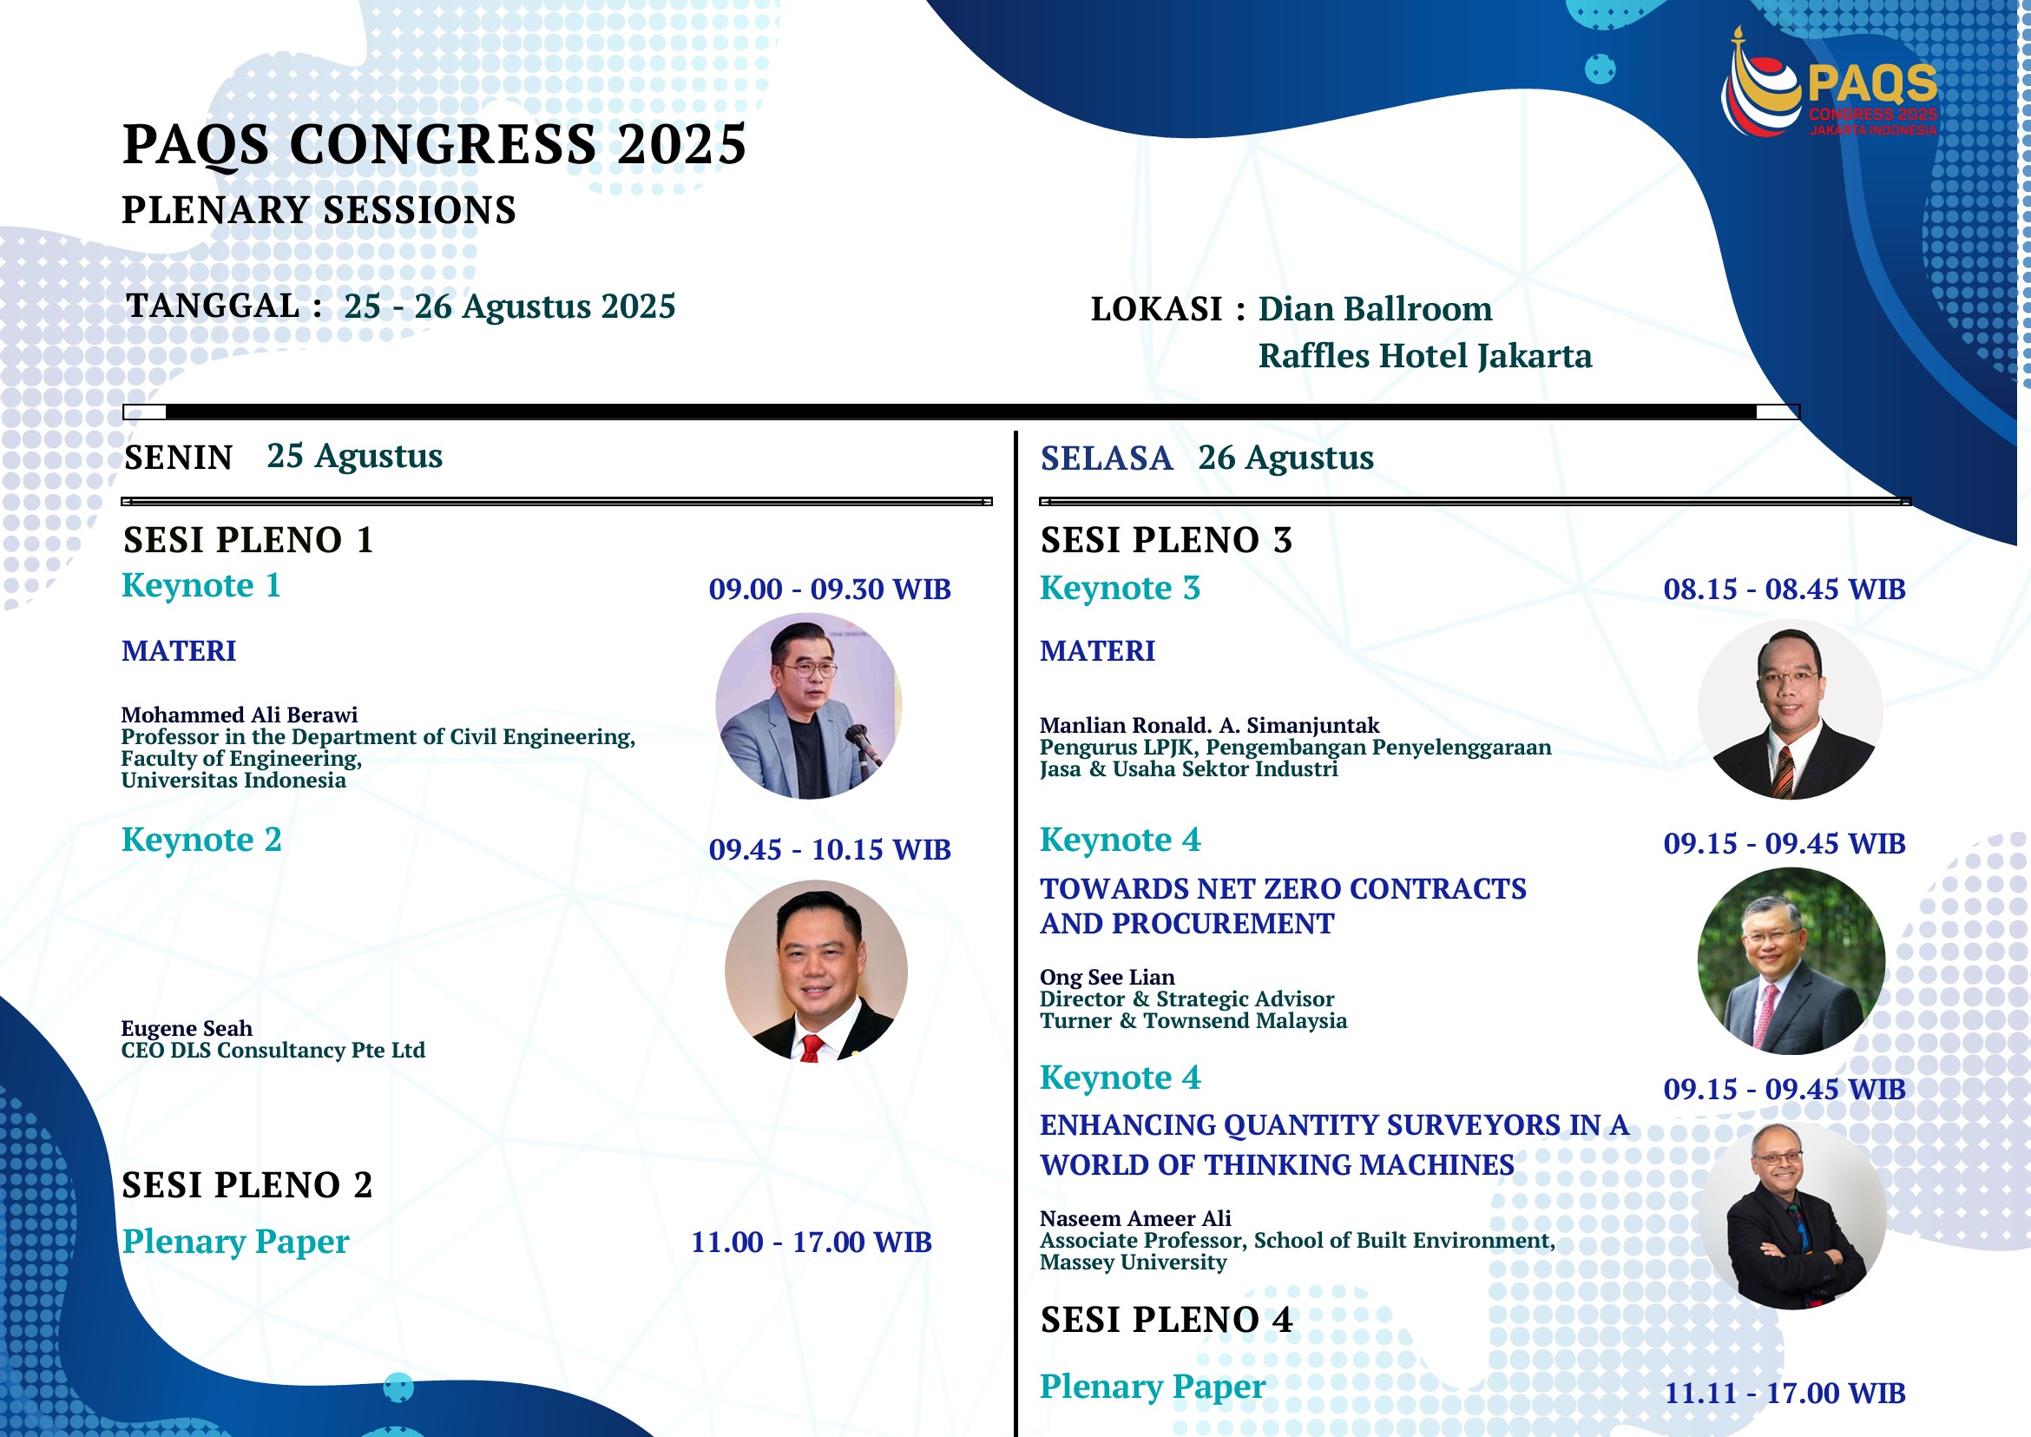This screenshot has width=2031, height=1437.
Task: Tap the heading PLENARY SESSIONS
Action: pos(319,211)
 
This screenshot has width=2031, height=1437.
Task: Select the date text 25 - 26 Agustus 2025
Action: pos(509,307)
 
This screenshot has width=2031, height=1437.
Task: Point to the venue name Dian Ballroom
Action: pos(1376,309)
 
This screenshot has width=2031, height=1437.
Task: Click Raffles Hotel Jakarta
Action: pos(1425,356)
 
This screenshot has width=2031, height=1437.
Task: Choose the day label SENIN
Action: pos(179,458)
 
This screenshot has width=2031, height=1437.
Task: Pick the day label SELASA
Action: pos(1107,458)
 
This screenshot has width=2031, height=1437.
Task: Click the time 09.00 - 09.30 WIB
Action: pos(830,590)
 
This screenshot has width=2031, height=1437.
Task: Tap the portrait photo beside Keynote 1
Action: pos(809,706)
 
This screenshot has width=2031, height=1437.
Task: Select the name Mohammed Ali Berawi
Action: pos(240,715)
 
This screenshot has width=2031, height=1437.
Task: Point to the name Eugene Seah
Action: pos(187,1028)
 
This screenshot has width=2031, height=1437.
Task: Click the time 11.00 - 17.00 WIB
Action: pos(812,1243)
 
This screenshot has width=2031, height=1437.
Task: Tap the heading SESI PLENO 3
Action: pos(1166,541)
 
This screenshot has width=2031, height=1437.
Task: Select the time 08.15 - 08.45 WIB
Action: pos(1785,590)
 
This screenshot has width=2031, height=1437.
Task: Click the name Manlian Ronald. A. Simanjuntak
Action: pos(1209,726)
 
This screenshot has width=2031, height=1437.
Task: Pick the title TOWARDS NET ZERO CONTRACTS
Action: pos(1283,888)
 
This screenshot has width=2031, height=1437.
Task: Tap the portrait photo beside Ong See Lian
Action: pos(1791,961)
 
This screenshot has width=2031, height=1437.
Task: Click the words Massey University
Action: pos(1134,1262)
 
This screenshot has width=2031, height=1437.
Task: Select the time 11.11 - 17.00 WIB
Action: pos(1785,1394)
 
